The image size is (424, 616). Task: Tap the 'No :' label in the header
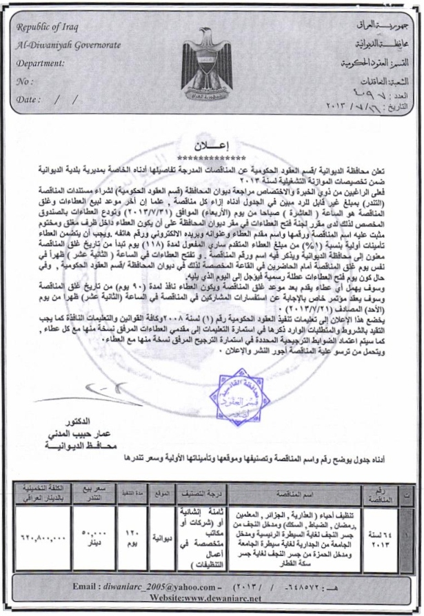coord(25,81)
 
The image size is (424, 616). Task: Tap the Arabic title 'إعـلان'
coord(211,147)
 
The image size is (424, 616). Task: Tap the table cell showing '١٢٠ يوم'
coord(134,537)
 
